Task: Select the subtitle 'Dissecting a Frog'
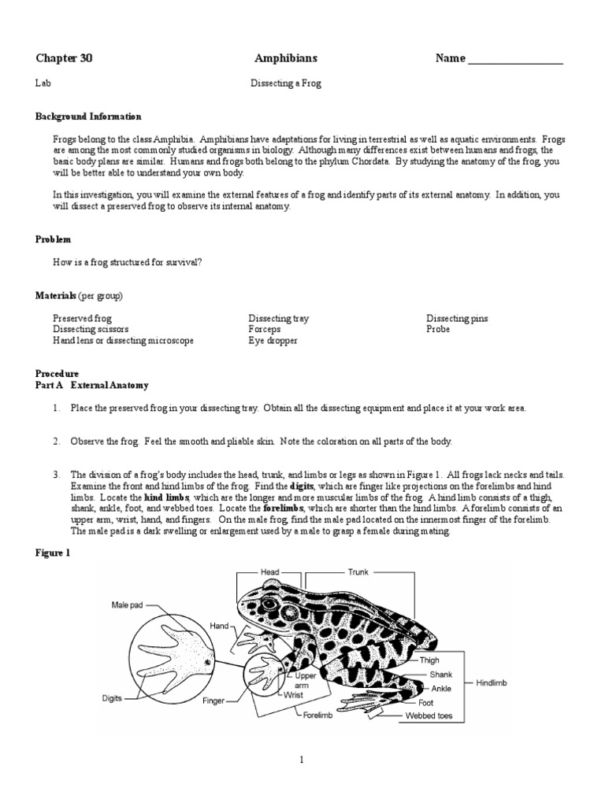pos(286,82)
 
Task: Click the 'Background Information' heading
pos(88,116)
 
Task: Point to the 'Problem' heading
pos(54,239)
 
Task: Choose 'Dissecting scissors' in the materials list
pos(91,329)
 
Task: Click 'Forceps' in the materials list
pos(265,329)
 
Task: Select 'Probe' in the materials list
pos(438,329)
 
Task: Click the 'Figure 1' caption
pos(54,553)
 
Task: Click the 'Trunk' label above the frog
pos(358,572)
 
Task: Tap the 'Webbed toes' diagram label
pos(424,716)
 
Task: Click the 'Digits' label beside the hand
pos(112,698)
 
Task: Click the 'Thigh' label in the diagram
pos(429,660)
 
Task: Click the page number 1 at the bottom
pos(302,760)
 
